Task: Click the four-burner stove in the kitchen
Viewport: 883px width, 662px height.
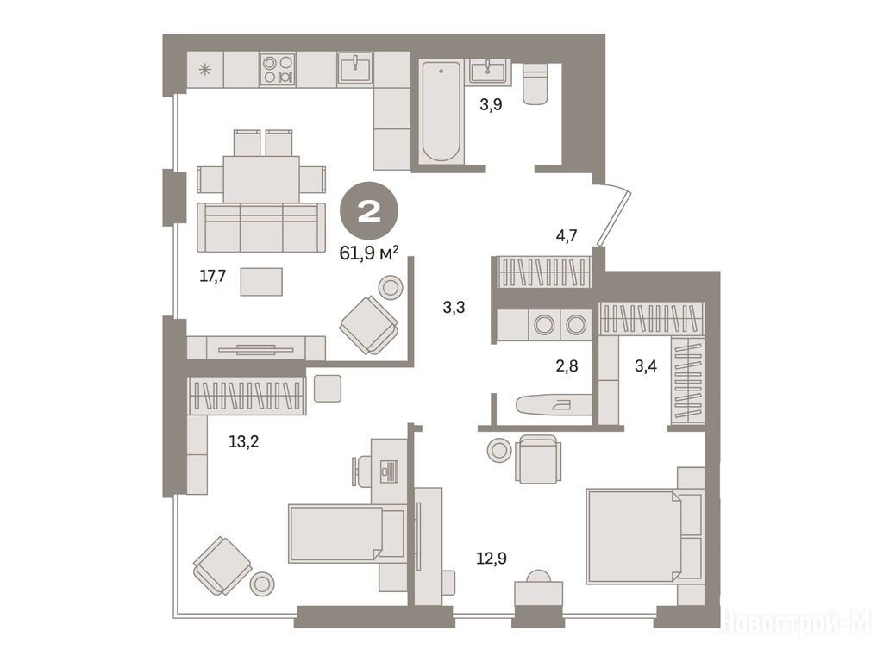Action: pyautogui.click(x=278, y=69)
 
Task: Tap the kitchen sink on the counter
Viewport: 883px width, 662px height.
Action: pyautogui.click(x=355, y=69)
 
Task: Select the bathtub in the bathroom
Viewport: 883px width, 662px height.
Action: pyautogui.click(x=441, y=112)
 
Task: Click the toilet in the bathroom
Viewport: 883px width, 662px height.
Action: pyautogui.click(x=535, y=84)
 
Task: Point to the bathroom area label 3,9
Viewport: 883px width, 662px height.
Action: pyautogui.click(x=491, y=104)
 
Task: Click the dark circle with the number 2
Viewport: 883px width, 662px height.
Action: pyautogui.click(x=369, y=212)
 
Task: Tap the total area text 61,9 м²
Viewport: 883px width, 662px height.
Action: pyautogui.click(x=369, y=253)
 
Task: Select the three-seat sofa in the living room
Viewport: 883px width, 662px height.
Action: pyautogui.click(x=261, y=227)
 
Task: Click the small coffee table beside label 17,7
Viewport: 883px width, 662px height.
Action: pyautogui.click(x=261, y=282)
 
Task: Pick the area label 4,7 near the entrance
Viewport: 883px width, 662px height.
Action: pyautogui.click(x=567, y=235)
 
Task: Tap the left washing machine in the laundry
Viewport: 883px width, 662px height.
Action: pyautogui.click(x=544, y=325)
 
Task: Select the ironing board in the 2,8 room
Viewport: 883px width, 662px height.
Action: pyautogui.click(x=553, y=403)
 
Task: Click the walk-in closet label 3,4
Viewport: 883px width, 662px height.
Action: pyautogui.click(x=645, y=366)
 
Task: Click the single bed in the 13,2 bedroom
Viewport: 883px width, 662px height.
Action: pyautogui.click(x=346, y=534)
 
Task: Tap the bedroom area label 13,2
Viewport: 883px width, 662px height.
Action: pyautogui.click(x=243, y=442)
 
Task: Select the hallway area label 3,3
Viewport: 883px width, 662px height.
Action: pyautogui.click(x=454, y=308)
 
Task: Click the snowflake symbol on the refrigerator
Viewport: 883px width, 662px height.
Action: pyautogui.click(x=205, y=70)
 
